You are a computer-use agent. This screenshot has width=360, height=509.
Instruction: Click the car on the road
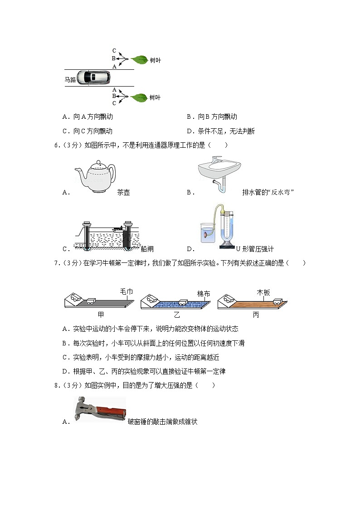93,78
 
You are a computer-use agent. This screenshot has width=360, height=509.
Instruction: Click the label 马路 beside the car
70,80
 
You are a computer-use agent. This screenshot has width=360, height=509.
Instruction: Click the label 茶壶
123,193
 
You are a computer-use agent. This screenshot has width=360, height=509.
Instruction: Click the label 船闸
147,249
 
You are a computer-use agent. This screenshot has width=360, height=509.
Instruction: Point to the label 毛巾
126,291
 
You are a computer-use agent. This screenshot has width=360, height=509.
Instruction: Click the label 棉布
204,294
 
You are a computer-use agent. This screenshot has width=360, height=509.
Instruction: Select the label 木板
263,292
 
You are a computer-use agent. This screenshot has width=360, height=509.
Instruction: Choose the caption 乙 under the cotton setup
177,315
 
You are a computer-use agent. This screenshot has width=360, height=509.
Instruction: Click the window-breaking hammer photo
100,409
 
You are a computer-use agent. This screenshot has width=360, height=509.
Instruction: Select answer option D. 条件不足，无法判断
221,131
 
